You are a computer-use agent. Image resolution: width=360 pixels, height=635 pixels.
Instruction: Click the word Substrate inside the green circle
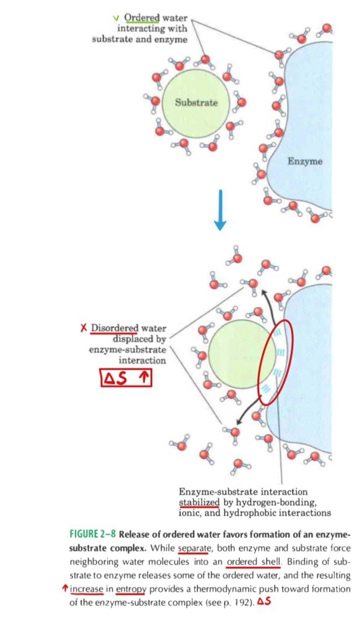[x=197, y=103]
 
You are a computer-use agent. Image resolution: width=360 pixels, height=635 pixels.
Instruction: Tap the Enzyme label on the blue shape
[x=306, y=161]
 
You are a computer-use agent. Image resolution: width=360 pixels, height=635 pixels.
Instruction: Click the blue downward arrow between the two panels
[x=220, y=210]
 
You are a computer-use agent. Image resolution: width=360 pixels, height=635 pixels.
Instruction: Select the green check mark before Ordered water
[x=117, y=18]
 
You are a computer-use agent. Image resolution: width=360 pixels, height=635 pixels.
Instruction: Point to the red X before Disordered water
[x=84, y=328]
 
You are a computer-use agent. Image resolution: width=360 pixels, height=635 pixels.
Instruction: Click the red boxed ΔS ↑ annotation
[x=126, y=378]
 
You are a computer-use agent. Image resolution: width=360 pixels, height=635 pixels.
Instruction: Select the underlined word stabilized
[x=199, y=503]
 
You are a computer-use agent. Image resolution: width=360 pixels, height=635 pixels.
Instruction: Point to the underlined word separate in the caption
[x=193, y=548]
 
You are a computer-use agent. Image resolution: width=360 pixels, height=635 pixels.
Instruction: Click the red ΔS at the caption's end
[x=264, y=602]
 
